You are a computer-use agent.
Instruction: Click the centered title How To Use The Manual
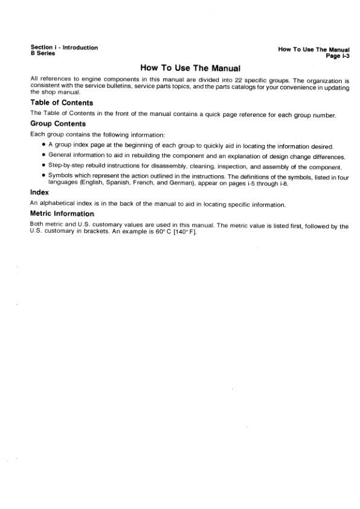(190, 68)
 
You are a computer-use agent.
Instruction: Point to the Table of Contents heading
(61, 103)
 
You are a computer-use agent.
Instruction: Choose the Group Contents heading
(59, 124)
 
